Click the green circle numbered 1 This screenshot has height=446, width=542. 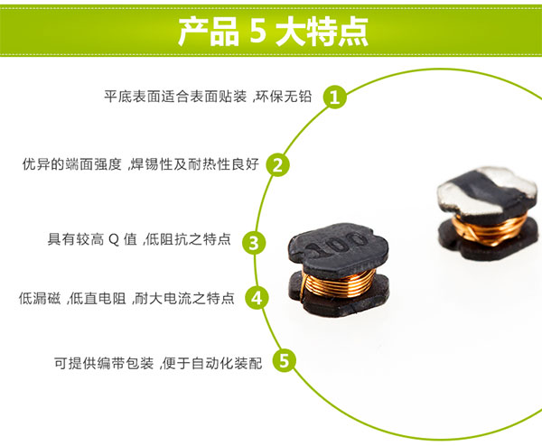(x=336, y=97)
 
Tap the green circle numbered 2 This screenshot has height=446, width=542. (x=280, y=164)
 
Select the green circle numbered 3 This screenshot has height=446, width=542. (x=256, y=241)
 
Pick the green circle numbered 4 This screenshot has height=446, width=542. (x=257, y=298)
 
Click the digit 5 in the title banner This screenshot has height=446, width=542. (x=256, y=31)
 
